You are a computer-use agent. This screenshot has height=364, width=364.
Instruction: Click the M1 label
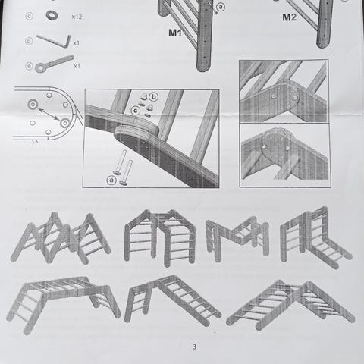click(x=175, y=33)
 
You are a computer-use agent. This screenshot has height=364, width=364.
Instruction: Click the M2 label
click(x=289, y=17)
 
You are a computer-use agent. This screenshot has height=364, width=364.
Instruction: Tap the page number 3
click(x=194, y=347)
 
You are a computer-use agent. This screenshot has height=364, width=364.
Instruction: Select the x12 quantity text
click(x=77, y=17)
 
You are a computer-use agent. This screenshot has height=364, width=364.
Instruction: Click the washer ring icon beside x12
click(x=52, y=15)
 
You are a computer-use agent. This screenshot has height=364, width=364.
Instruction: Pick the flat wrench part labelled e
click(x=54, y=64)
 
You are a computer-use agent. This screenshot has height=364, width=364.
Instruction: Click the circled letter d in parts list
click(x=29, y=41)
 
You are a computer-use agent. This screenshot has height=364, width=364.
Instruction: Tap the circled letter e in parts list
click(x=30, y=66)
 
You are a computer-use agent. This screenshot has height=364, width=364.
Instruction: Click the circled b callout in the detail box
click(x=153, y=97)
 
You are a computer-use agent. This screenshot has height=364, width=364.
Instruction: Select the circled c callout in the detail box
click(x=136, y=111)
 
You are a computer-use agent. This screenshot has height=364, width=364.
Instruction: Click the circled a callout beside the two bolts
click(x=111, y=180)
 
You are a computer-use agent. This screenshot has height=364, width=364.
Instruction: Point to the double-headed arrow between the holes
click(x=49, y=114)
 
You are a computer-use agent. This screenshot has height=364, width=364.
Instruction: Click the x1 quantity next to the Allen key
click(x=76, y=43)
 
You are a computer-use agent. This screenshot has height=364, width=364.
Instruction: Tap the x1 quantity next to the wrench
click(x=77, y=66)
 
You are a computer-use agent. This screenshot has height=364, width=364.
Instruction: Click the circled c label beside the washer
click(x=30, y=17)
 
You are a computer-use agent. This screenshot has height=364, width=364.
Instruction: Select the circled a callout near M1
click(x=221, y=7)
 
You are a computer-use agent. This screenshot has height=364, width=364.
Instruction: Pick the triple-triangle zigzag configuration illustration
click(x=61, y=238)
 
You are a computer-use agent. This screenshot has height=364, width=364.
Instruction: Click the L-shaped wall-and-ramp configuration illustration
click(x=316, y=237)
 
